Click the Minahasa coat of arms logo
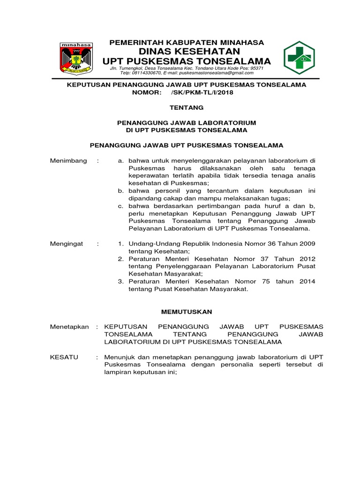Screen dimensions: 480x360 [75, 58]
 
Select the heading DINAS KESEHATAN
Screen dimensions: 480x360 [187, 51]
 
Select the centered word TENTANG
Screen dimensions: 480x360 [187, 107]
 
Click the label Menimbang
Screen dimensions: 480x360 [68, 161]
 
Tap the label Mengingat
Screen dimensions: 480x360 [67, 244]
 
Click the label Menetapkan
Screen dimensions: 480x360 [69, 327]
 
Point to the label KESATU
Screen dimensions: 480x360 [64, 357]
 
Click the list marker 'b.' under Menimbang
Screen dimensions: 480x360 [120, 191]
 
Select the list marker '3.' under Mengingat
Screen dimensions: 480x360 [120, 281]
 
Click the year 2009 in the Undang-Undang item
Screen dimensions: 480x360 [306, 244]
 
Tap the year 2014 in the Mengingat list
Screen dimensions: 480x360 [306, 281]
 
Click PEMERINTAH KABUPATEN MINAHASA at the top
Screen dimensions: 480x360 [187, 42]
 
